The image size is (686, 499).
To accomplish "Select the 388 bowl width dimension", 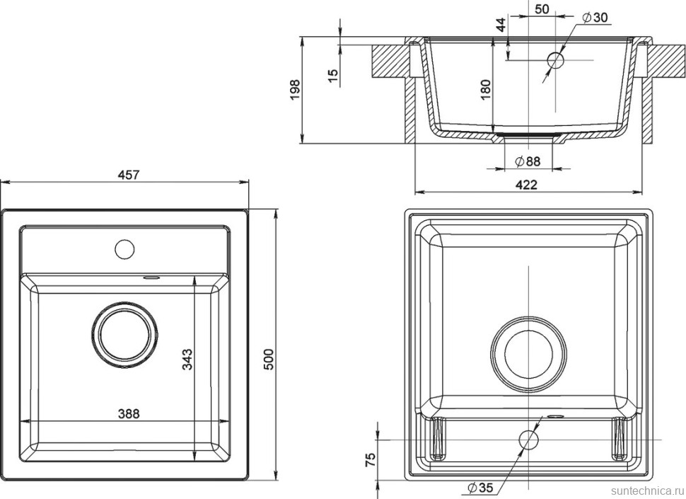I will pos(129,413).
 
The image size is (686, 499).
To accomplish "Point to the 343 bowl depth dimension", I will pos(186,360).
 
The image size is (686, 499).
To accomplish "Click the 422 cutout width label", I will pos(526,185).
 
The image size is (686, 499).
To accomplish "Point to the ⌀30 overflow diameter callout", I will pos(595,18).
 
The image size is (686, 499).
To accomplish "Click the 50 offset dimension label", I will pos(542,9).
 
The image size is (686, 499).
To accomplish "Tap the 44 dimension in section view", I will pos(501,25).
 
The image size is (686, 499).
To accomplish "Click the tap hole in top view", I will pos(124,248).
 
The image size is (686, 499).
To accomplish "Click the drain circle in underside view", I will pos(528,351).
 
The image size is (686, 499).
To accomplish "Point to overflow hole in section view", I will pos(556,59).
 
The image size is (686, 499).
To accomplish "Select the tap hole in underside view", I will pos(528,440).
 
